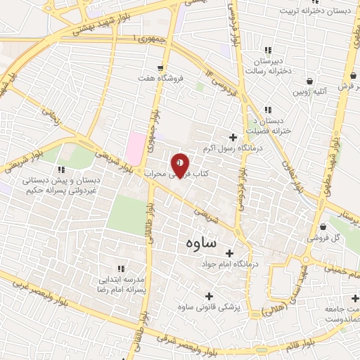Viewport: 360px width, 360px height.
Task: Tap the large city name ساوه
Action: [202, 243]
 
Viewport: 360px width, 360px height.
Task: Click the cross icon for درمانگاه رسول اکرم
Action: [233, 137]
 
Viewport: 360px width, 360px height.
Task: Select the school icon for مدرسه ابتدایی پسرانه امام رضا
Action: [121, 269]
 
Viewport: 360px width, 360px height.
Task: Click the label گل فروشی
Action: [327, 238]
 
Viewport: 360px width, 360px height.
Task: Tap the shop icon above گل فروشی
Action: [323, 226]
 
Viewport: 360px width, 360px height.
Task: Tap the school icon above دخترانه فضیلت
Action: [267, 110]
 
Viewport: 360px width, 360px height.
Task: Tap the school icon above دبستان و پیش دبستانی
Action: [61, 169]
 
